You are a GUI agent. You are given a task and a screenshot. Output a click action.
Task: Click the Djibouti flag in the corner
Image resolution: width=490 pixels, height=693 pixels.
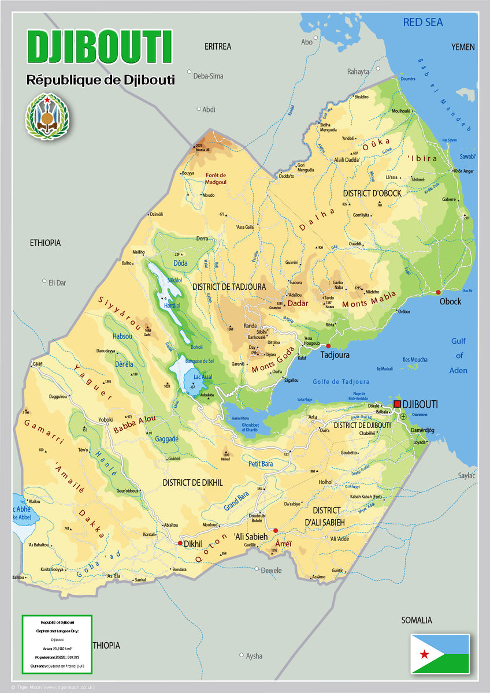(x=440, y=653)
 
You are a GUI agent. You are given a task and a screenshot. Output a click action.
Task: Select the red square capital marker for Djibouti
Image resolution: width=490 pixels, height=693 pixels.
(x=397, y=404)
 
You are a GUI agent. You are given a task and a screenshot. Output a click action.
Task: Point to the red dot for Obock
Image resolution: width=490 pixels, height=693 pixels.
(x=438, y=292)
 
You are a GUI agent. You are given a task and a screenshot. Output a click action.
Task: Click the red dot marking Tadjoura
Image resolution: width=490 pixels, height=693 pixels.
(x=328, y=346)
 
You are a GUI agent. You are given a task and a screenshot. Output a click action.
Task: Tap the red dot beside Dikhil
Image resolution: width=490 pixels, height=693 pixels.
(x=180, y=543)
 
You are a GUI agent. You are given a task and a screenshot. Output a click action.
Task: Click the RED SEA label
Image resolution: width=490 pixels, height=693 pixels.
(x=423, y=23)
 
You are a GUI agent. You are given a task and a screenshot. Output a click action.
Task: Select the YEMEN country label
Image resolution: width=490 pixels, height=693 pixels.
(x=462, y=47)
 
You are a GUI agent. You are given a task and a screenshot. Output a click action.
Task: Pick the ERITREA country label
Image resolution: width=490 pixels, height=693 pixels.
(x=218, y=46)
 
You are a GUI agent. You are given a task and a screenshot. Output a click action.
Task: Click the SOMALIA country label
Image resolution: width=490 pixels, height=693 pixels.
(x=417, y=620)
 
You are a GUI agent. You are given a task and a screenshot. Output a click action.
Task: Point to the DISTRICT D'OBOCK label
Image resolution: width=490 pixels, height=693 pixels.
(x=372, y=193)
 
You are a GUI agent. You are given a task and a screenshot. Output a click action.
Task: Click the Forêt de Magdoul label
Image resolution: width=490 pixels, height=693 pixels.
(x=215, y=178)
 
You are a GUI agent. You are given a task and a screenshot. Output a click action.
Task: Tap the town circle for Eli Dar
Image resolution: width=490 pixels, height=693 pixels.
(x=44, y=281)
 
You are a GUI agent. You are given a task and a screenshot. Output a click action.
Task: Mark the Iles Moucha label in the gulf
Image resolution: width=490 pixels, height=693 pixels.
(x=415, y=360)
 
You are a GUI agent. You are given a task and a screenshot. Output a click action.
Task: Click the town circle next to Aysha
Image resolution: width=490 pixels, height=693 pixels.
(x=242, y=655)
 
